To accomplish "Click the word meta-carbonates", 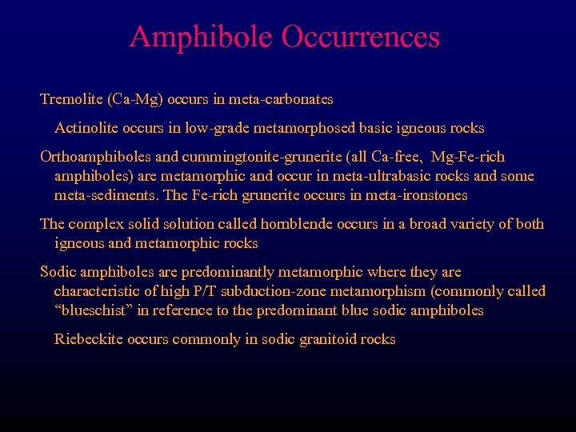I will point(282,100).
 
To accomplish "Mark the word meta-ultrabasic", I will point(366,176).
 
